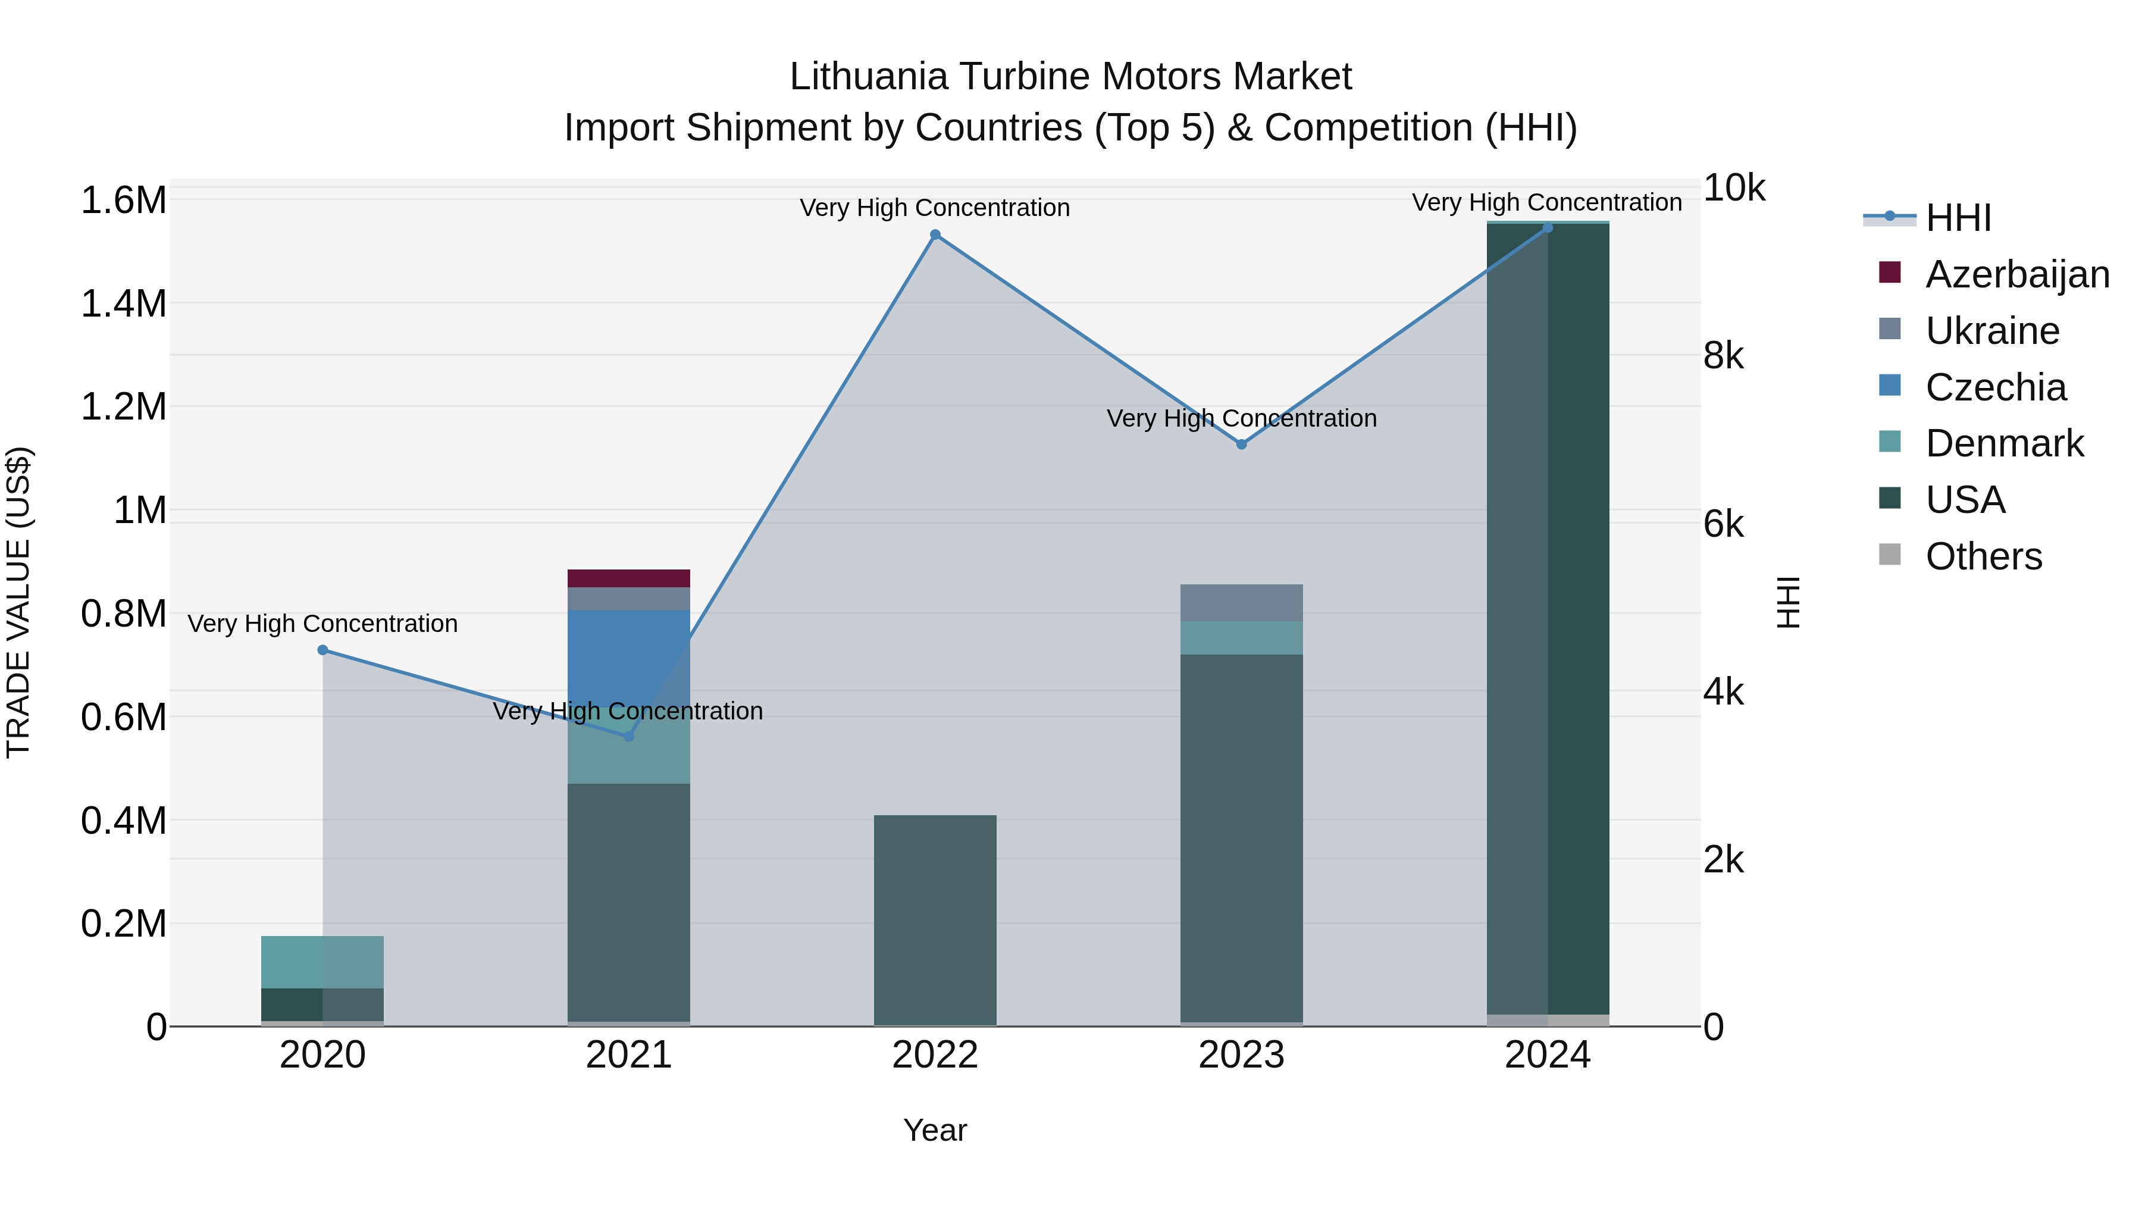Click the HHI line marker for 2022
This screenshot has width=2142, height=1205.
(x=935, y=234)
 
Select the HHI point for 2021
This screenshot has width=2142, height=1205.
(x=629, y=736)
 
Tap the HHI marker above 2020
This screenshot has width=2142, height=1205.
(x=322, y=649)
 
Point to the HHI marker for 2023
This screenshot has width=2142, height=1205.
(x=1241, y=444)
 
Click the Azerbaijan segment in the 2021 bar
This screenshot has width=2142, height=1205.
(x=629, y=578)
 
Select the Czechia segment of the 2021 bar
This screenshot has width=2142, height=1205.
(x=629, y=657)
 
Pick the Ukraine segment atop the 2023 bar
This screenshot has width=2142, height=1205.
(x=1241, y=602)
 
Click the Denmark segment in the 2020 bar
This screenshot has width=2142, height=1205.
(x=322, y=962)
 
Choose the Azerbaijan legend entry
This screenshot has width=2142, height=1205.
(x=2016, y=274)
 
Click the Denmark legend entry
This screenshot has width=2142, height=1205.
(x=2004, y=443)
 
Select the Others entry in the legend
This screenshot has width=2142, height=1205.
(x=1983, y=556)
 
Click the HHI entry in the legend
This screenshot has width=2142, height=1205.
(x=1958, y=218)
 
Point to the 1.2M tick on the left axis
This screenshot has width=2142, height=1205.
(x=124, y=406)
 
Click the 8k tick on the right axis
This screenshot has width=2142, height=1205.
(x=1724, y=356)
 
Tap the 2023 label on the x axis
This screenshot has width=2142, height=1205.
(x=1241, y=1055)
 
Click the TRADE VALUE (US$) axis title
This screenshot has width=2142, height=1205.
(x=18, y=602)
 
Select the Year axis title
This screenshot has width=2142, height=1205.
(x=935, y=1130)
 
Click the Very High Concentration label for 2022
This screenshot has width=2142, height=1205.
(x=935, y=208)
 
